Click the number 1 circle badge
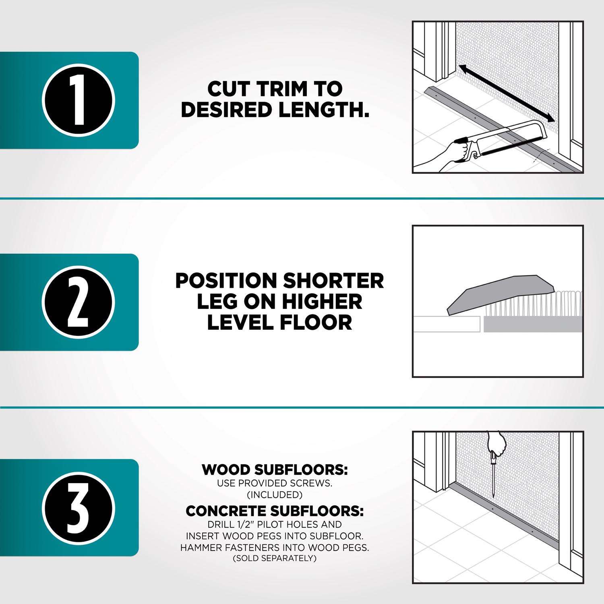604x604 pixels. (79, 100)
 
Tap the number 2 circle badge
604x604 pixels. (79, 302)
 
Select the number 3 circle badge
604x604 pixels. (79, 508)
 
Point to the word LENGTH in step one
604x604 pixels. (321, 110)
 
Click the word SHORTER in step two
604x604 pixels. (333, 281)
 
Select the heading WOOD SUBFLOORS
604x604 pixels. (275, 470)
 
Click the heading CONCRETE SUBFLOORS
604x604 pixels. (275, 511)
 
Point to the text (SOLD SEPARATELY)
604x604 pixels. (275, 558)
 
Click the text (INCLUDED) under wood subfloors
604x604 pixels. (275, 494)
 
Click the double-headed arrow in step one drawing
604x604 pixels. (507, 93)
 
